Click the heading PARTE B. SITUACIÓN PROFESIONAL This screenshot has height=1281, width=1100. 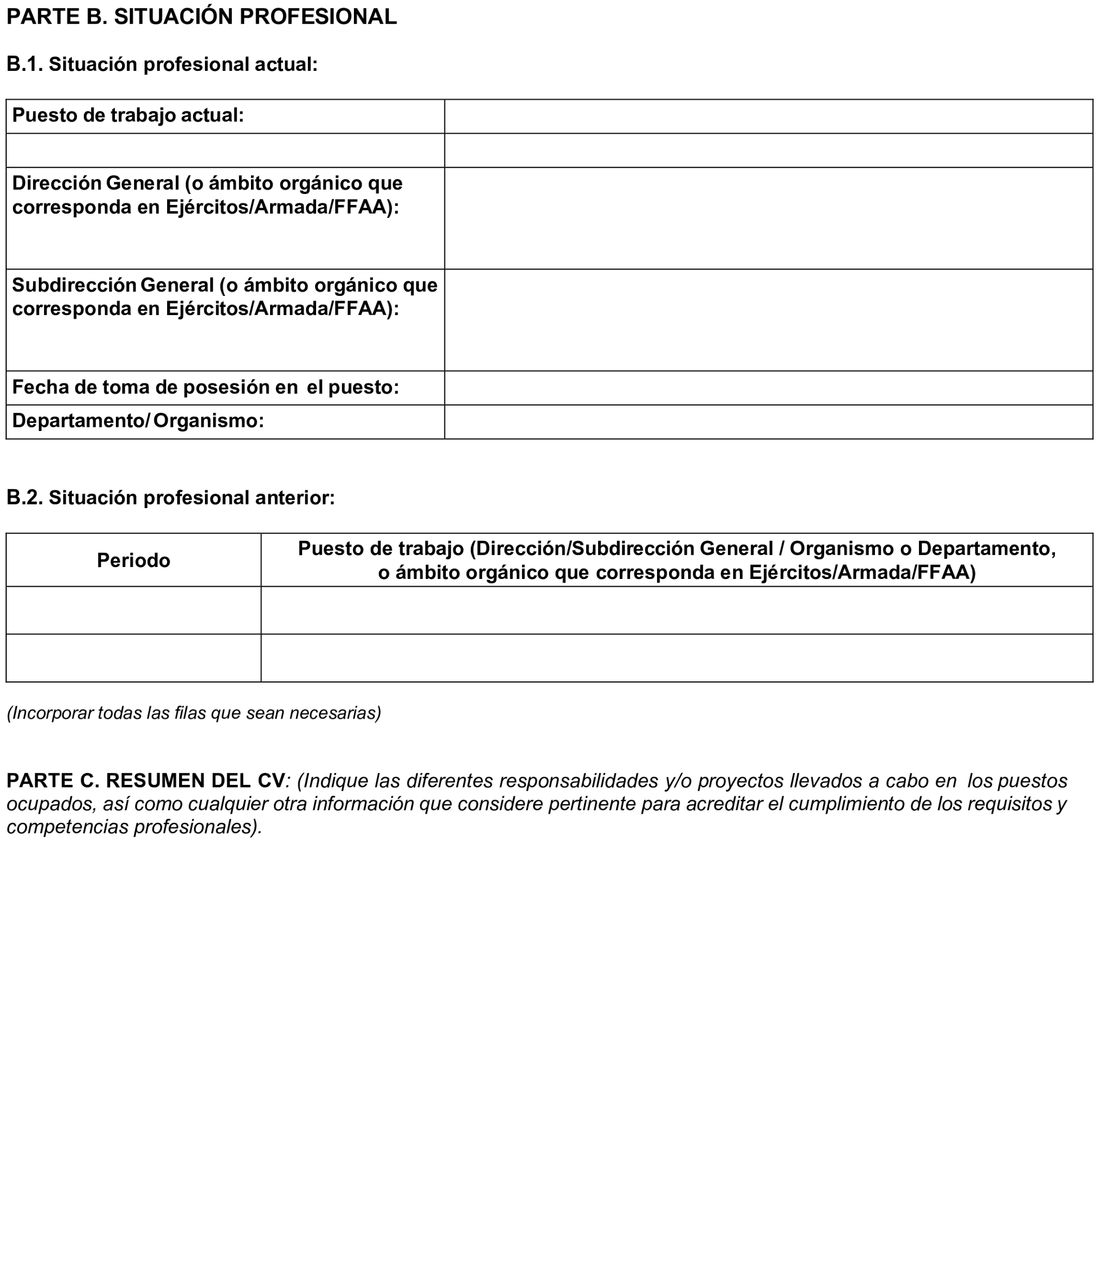tap(201, 17)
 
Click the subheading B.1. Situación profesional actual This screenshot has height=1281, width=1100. tap(162, 64)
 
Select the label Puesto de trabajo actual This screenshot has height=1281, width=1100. tap(128, 115)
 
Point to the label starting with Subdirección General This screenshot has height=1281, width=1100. tap(225, 297)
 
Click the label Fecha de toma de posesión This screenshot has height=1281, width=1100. tap(205, 388)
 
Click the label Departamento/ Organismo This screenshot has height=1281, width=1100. tap(138, 421)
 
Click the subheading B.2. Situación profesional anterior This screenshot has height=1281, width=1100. tap(171, 498)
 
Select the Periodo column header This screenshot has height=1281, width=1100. tap(133, 561)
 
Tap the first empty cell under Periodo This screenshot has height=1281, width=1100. tap(133, 610)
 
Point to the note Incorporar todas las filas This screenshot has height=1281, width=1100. tap(194, 713)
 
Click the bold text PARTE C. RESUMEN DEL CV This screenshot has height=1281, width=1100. tap(146, 781)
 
